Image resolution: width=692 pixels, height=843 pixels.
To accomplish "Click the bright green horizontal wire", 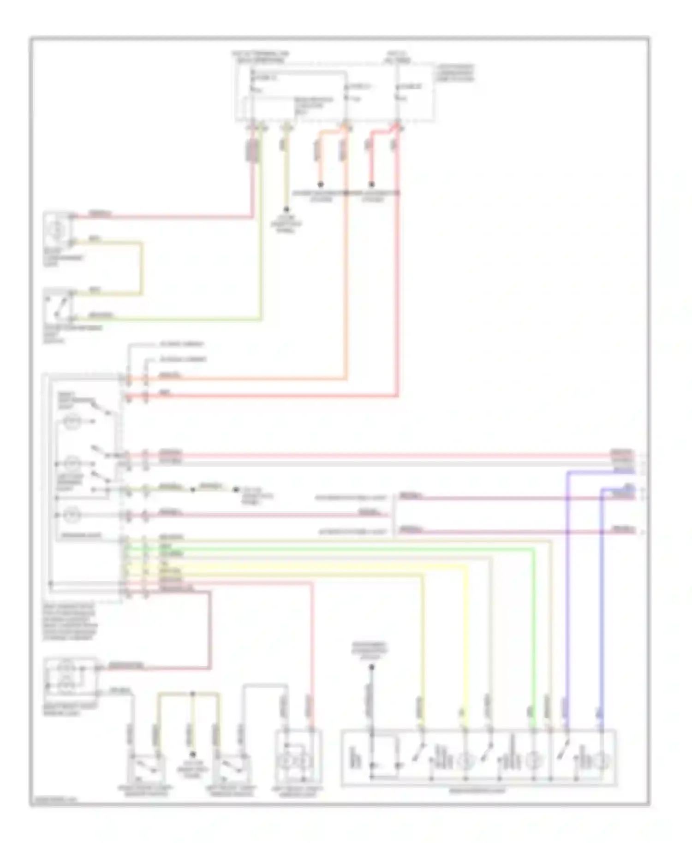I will [x=323, y=549].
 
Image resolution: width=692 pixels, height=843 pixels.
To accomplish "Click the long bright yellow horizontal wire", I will [x=300, y=566].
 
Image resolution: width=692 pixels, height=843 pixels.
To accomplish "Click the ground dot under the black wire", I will [x=372, y=667].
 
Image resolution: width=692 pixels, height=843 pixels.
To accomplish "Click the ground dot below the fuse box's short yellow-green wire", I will [x=286, y=209].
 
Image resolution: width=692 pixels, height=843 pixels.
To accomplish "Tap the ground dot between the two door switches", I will [x=193, y=754].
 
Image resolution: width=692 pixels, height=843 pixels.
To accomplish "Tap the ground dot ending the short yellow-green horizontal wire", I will [x=236, y=489].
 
